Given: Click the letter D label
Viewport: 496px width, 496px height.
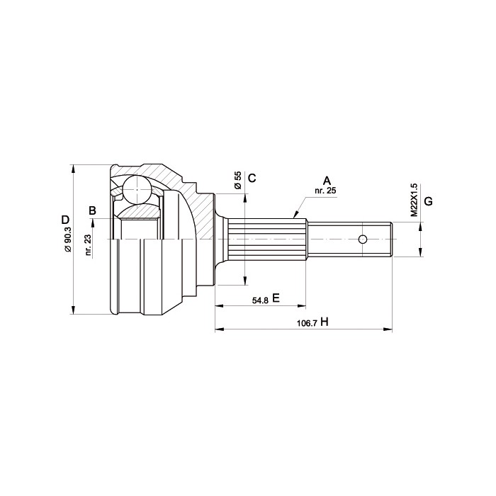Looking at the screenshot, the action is [x=65, y=220].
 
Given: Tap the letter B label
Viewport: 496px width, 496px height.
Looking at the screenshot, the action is [x=92, y=210].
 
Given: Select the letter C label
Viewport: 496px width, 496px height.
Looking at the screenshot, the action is [x=252, y=178].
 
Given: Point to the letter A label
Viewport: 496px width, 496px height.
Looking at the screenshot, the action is [x=327, y=181].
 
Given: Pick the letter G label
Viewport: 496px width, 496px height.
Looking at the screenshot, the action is [x=428, y=201].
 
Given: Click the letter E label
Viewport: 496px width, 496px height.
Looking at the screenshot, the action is [x=276, y=298].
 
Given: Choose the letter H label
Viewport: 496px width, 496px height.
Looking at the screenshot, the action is [x=325, y=322].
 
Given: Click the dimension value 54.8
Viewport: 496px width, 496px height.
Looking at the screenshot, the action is [x=260, y=300].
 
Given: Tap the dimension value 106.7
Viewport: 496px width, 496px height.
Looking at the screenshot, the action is [x=307, y=324].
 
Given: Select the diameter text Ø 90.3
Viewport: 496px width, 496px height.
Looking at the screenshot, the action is [x=68, y=239].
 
